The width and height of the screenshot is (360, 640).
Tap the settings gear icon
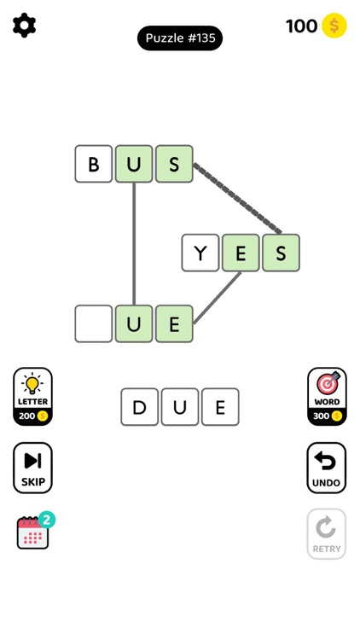coord(25,26)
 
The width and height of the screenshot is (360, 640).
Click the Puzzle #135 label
coord(180,38)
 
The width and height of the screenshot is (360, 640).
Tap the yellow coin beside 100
coord(334,26)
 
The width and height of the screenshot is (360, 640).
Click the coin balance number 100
coord(302,26)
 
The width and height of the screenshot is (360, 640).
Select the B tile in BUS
coord(94,164)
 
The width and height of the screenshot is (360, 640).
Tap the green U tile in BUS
coord(134,164)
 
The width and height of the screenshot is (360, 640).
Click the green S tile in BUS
coord(174,164)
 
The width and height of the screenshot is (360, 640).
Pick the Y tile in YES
coord(200,253)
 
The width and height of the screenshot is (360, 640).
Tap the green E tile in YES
coord(241,253)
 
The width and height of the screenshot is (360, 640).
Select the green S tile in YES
coord(282,253)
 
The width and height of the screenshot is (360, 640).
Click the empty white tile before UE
coord(94,323)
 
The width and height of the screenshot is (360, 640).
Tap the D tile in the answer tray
coord(140,407)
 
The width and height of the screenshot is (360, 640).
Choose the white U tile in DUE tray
coord(180,407)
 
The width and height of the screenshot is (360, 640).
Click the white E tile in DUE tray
coord(220,407)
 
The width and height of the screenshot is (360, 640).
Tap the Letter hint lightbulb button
coord(32,397)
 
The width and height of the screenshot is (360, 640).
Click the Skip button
coord(32,468)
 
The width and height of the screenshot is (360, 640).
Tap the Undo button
coord(327,468)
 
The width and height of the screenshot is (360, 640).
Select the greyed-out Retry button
coord(327,534)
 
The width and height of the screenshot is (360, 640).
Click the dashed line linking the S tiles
coord(237,199)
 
